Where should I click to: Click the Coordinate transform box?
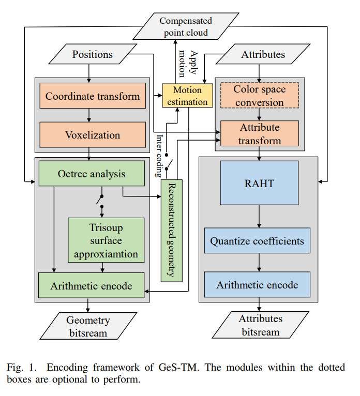pyautogui.click(x=93, y=96)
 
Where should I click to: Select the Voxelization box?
pyautogui.click(x=93, y=135)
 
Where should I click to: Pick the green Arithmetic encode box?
pyautogui.click(x=91, y=286)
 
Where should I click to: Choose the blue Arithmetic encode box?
pyautogui.click(x=257, y=285)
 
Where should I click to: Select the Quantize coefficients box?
pyautogui.click(x=257, y=241)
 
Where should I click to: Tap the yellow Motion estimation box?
pyautogui.click(x=188, y=95)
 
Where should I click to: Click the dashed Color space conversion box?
pyautogui.click(x=259, y=96)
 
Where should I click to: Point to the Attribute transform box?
pyautogui.click(x=259, y=133)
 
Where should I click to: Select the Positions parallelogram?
pyautogui.click(x=92, y=54)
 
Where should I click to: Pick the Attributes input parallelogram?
pyautogui.click(x=263, y=54)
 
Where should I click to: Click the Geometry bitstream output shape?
pyautogui.click(x=88, y=326)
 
